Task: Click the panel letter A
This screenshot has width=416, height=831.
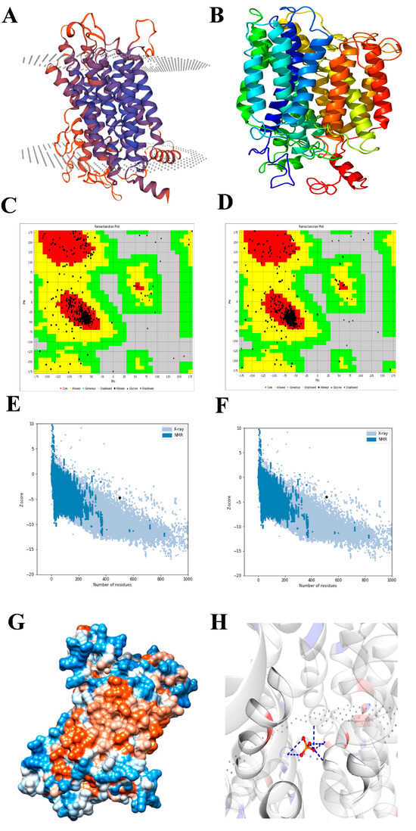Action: pyautogui.click(x=11, y=16)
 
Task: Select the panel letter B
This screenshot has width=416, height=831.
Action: pyautogui.click(x=217, y=15)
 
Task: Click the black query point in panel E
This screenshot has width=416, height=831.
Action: pyautogui.click(x=120, y=497)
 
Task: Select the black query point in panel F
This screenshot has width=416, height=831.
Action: pyautogui.click(x=326, y=496)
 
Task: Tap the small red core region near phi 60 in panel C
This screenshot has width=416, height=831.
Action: pyautogui.click(x=138, y=286)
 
